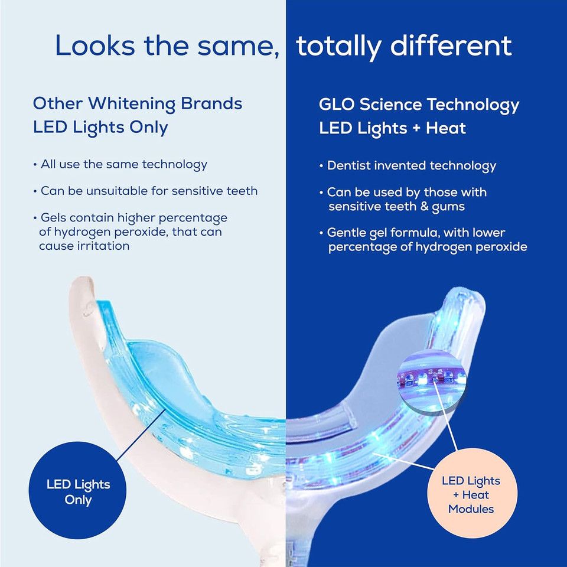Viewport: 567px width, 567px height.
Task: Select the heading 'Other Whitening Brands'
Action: [138, 103]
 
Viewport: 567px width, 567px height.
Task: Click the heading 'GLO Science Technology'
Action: [419, 105]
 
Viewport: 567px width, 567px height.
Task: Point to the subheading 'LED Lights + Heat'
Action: [392, 128]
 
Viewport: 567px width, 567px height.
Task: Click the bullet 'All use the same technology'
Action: [123, 164]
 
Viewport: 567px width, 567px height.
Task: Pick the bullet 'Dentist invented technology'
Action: [412, 166]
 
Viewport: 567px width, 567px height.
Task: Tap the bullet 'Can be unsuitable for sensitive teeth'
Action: [148, 191]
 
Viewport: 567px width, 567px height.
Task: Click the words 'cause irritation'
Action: [84, 246]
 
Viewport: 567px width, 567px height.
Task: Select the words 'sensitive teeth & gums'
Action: [396, 206]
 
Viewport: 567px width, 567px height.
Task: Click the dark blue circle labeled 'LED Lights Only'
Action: [79, 491]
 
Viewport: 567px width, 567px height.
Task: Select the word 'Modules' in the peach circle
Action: [471, 509]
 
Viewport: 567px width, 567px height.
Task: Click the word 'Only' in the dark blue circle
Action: [79, 500]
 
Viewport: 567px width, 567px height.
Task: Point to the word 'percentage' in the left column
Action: [190, 218]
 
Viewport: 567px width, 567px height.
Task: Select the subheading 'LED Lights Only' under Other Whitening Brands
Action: [100, 127]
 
